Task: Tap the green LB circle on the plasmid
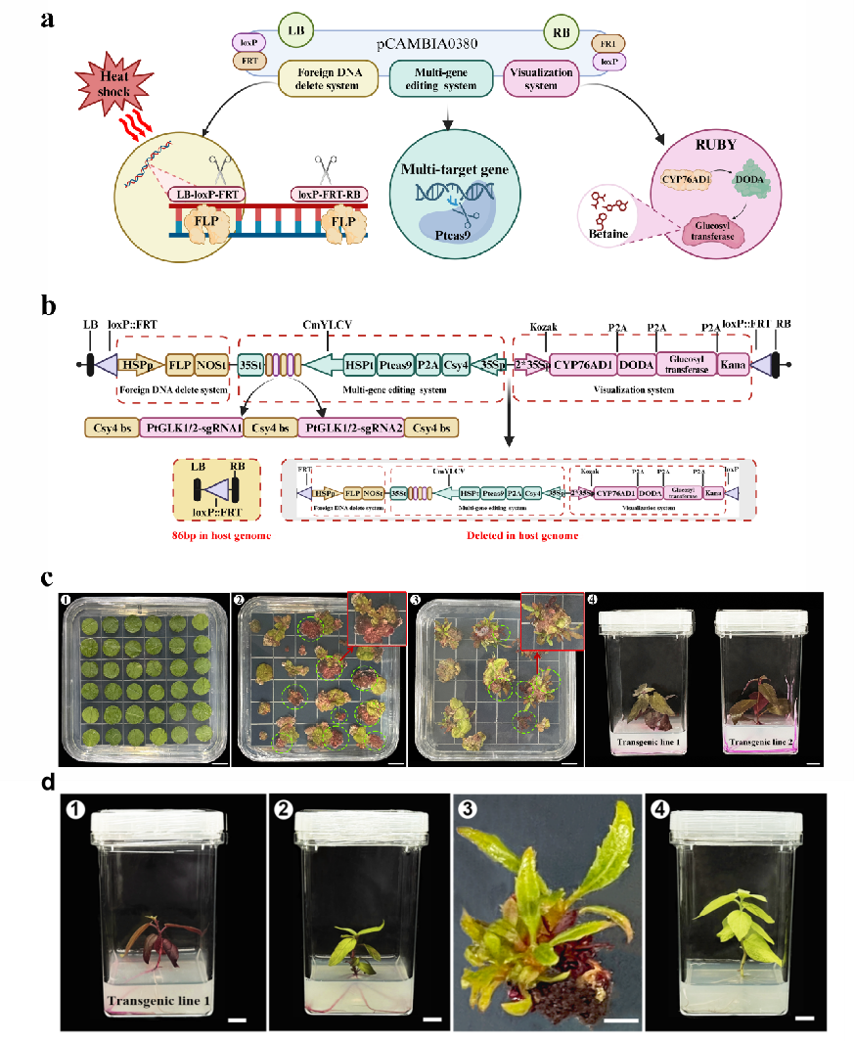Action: pos(293,30)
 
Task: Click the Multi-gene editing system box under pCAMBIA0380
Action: pos(446,79)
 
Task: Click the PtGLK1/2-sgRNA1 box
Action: pos(195,427)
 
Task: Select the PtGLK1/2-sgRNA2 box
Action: pos(353,427)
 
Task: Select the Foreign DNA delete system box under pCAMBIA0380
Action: pos(329,79)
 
